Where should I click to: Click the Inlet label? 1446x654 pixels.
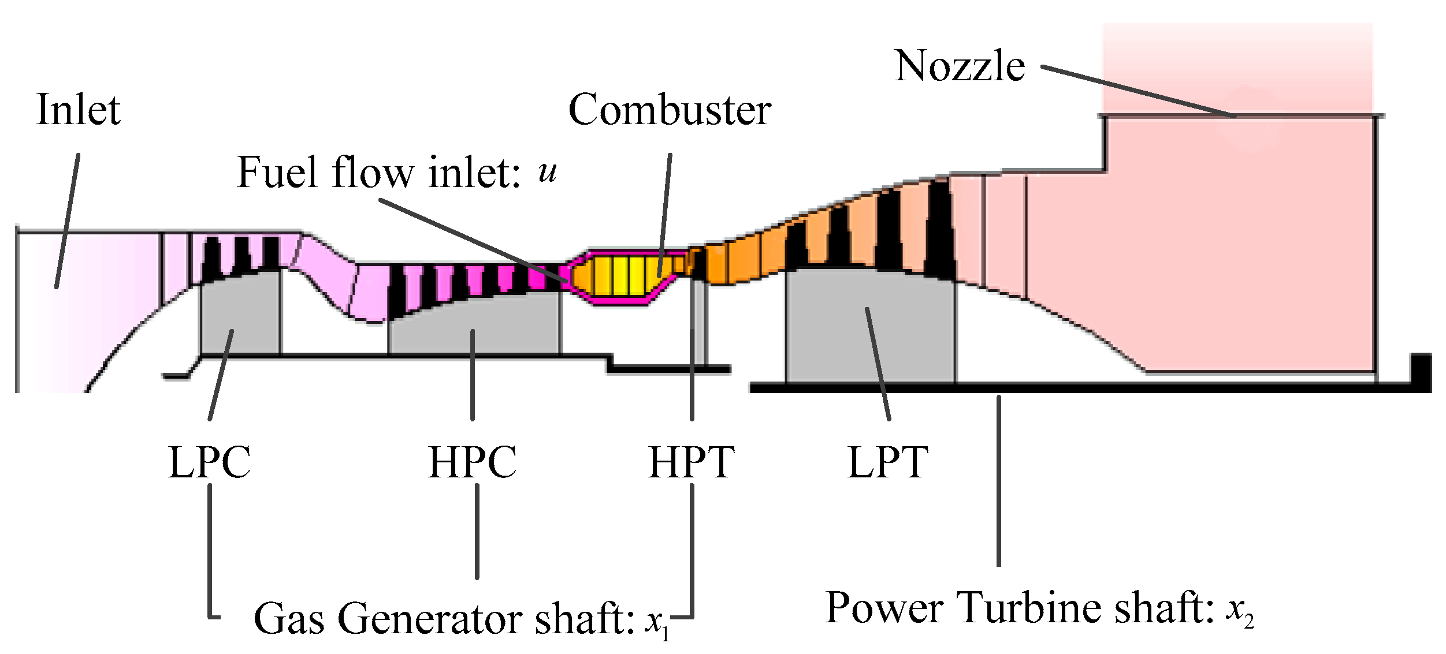tap(79, 110)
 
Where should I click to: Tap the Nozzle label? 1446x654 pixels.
tap(960, 66)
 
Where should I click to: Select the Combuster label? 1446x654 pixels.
tap(670, 110)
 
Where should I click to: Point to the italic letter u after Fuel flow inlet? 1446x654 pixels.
tap(547, 172)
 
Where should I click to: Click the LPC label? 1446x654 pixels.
tap(209, 463)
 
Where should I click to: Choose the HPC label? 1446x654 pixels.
tap(472, 463)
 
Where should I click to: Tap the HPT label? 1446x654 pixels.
tap(691, 463)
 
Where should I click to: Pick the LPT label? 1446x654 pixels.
tap(887, 463)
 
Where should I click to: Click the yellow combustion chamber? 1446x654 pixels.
tap(624, 276)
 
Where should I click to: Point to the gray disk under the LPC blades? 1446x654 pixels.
tap(240, 315)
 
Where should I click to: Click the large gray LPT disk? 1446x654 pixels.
tap(869, 329)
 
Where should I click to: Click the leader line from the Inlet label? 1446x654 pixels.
tap(68, 219)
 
